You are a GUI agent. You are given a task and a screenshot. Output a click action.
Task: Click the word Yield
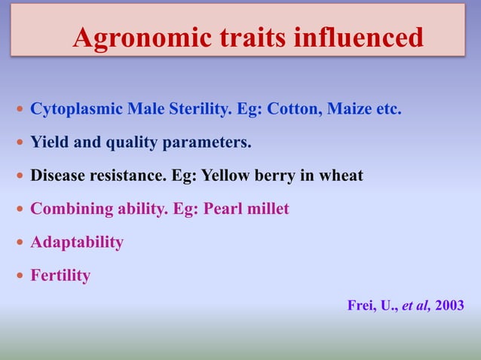[47, 142]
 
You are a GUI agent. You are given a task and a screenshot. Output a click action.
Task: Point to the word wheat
[339, 175]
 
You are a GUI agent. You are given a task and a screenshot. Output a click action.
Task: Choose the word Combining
[67, 209]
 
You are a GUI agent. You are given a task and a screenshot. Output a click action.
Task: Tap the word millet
[267, 209]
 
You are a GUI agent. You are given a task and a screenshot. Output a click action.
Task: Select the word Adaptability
[76, 243]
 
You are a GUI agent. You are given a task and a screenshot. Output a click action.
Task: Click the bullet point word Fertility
[60, 276]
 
